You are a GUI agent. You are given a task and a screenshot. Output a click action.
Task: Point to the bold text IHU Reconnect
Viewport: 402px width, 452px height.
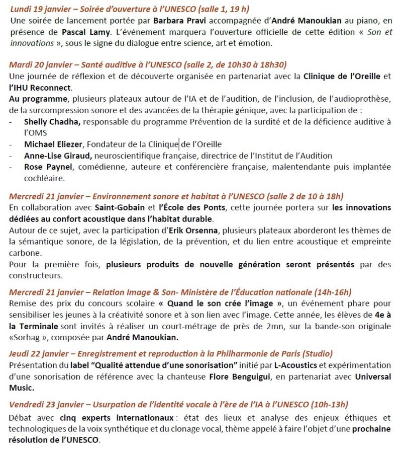[x=35, y=88]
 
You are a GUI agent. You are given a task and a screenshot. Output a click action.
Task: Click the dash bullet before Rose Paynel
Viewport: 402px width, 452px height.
[x=12, y=167]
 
